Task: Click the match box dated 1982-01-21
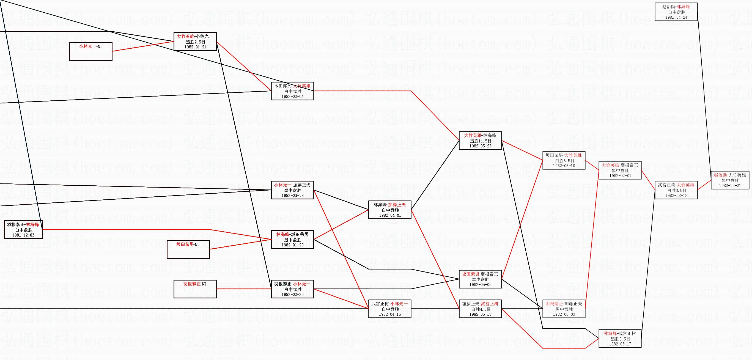pos(195,42)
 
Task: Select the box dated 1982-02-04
pos(292,91)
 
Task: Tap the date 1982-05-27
pos(480,146)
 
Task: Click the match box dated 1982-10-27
pos(730,180)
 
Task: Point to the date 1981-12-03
pos(23,235)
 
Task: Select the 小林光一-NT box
pos(91,51)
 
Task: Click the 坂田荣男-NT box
pos(188,249)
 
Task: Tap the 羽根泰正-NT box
pos(195,289)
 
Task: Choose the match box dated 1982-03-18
pos(292,190)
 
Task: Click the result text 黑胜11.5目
pos(480,141)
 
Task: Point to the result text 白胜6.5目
pos(564,161)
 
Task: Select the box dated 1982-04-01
pos(390,210)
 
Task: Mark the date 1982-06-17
pos(620,344)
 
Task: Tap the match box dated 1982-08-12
pos(676,190)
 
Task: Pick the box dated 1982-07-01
pos(620,170)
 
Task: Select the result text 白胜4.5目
pos(481,309)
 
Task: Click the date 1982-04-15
pos(390,314)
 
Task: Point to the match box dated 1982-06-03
pos(564,309)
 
